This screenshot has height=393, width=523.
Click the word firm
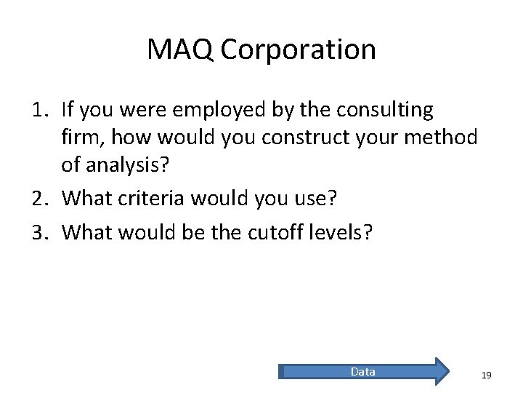[78, 138]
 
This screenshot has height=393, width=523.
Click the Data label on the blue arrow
[362, 372]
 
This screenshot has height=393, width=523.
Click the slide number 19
[487, 375]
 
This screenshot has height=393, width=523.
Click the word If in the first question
[69, 111]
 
